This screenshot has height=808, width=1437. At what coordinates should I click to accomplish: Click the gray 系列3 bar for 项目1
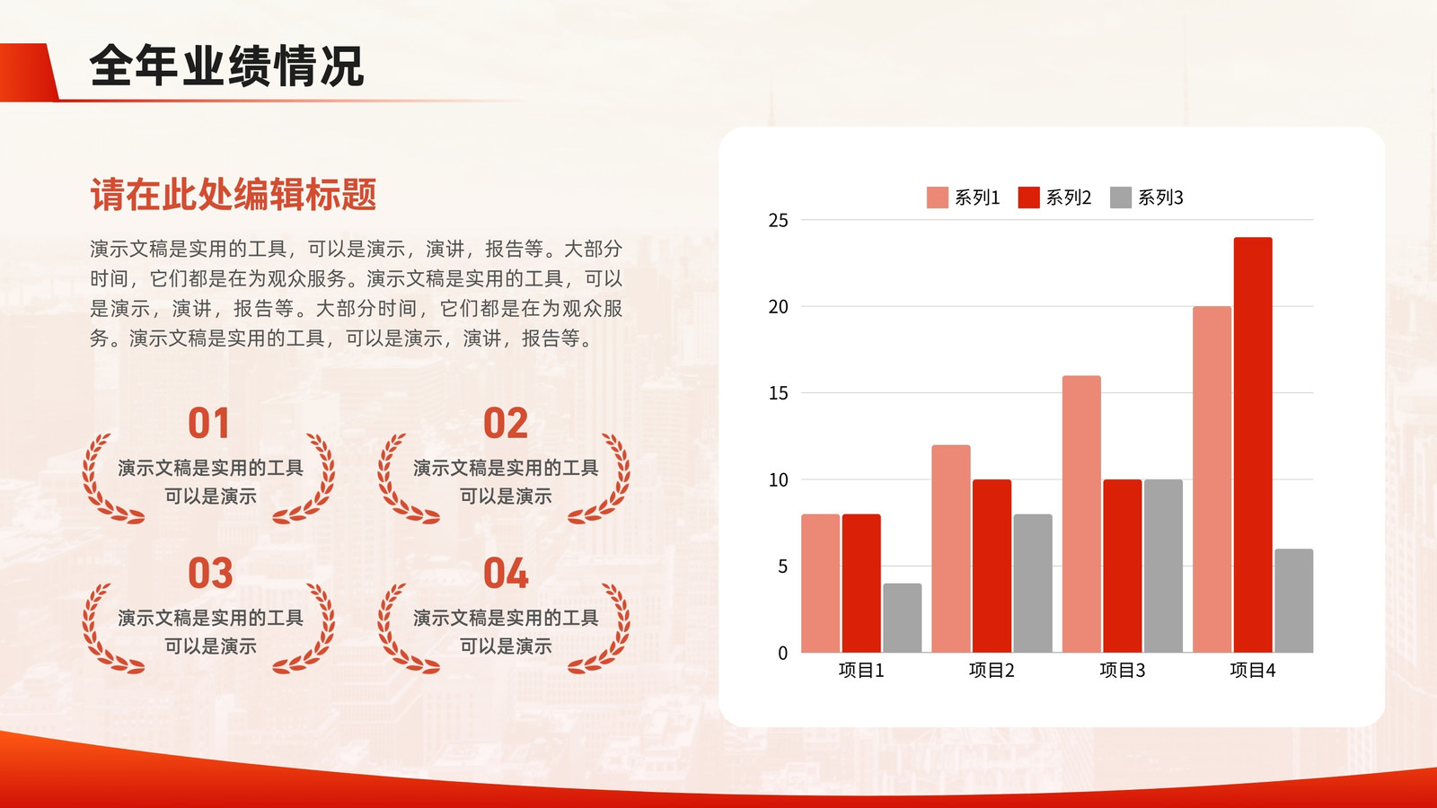902,618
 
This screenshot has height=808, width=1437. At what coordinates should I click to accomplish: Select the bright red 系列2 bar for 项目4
1253,444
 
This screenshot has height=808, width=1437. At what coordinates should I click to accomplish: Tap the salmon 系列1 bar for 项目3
1081,514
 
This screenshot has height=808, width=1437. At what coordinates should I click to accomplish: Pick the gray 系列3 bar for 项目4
1294,601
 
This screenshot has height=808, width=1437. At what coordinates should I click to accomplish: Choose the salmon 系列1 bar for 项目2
951,549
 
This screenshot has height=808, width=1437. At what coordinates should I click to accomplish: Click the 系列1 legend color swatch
938,198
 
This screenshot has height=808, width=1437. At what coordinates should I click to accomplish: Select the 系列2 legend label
1069,198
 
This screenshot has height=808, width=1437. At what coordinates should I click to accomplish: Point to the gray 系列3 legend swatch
1121,198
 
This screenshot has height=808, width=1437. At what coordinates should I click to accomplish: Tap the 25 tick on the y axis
778,221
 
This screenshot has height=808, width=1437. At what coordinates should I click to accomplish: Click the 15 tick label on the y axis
778,393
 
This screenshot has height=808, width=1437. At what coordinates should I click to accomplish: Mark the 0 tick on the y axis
782,653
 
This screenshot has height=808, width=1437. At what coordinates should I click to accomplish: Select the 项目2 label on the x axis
992,670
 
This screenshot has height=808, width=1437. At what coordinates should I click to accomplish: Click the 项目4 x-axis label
1253,670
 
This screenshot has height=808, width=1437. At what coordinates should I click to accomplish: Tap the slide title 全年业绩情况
227,66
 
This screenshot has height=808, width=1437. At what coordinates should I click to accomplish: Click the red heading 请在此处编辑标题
233,194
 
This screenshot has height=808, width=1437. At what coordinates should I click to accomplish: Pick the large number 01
208,423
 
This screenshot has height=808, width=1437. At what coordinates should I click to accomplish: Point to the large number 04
506,573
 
